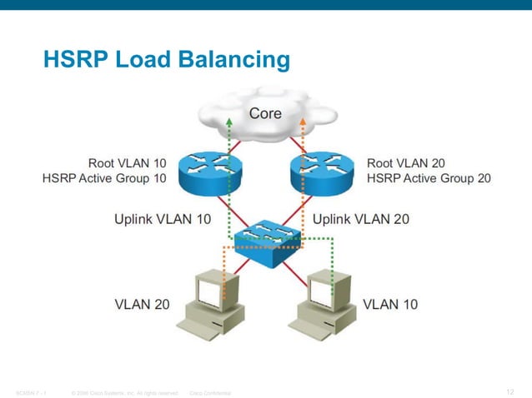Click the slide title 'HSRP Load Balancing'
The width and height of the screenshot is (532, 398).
[166, 60]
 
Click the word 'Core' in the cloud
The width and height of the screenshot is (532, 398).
[265, 113]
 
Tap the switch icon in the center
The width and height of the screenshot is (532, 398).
[267, 236]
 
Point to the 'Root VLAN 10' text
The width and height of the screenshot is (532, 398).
[127, 163]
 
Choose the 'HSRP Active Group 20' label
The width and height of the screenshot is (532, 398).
[429, 179]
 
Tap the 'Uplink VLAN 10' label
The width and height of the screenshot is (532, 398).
[162, 220]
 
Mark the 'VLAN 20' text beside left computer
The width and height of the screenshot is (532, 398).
[142, 304]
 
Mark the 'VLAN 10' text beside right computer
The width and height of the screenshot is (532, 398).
[390, 304]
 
